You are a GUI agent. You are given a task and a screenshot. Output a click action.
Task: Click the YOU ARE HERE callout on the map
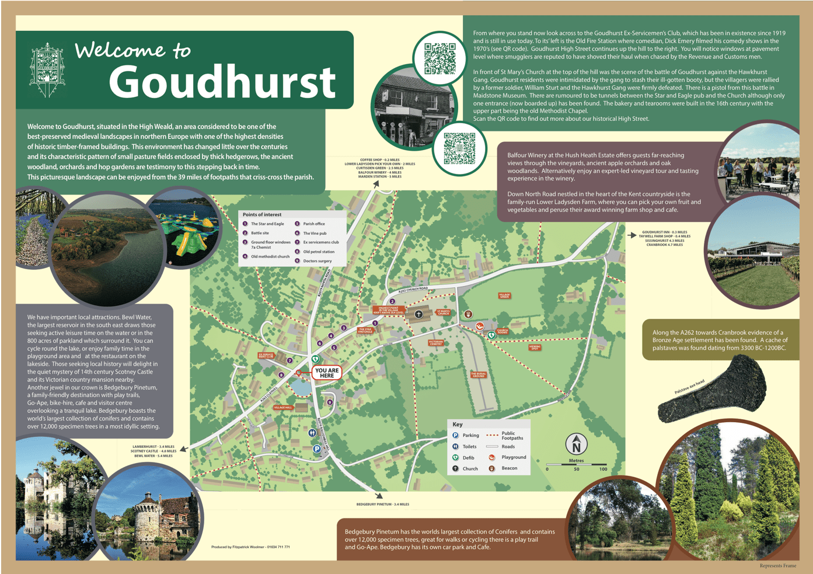[x=326, y=373]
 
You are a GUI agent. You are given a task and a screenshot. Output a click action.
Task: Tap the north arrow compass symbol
[x=576, y=444]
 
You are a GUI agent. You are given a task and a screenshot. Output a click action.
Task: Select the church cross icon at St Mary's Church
[x=418, y=314]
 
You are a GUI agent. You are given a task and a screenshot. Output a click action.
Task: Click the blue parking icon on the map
[x=316, y=448]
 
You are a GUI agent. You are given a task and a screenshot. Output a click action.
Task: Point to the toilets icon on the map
[x=312, y=433]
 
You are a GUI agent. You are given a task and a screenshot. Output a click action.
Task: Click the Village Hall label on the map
[x=283, y=407]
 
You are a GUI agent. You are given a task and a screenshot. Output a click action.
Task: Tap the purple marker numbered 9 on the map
[x=330, y=402]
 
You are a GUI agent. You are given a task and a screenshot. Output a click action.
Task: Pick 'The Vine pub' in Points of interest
[x=315, y=233]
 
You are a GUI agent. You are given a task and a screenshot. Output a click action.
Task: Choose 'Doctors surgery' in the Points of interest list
[x=317, y=261]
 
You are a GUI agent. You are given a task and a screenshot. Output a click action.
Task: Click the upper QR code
[x=439, y=58]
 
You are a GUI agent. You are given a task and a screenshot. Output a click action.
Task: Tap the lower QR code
[x=459, y=148]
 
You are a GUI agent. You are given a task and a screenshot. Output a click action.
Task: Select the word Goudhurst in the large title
[x=222, y=82]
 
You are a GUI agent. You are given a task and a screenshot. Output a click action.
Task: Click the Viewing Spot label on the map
[x=535, y=347]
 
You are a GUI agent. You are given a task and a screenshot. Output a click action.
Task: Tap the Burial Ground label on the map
[x=478, y=374]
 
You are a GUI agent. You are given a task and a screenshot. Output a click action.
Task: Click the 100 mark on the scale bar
[x=603, y=469]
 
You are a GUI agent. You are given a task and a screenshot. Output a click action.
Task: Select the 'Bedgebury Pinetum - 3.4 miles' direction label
[x=382, y=504]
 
